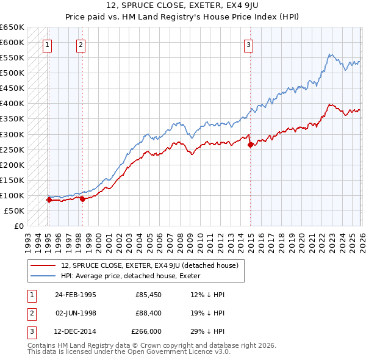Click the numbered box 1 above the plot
point(48,44)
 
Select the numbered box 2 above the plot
point(81,44)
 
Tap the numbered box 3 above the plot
point(249,44)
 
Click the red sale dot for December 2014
point(250,145)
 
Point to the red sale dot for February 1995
point(49,200)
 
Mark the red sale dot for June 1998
point(82,198)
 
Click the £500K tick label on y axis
point(12,73)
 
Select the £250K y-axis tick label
point(12,149)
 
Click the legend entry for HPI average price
point(134,276)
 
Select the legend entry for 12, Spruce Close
point(152,265)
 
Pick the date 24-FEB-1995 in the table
point(75,294)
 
